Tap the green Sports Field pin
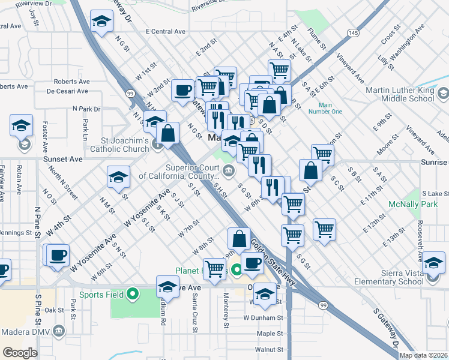134,294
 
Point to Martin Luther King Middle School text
400,94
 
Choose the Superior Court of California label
178,172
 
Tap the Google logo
20,353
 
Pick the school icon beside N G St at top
102,22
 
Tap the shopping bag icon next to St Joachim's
169,133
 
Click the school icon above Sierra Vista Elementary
433,262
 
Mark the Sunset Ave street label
62,160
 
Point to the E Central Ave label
166,32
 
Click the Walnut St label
268,349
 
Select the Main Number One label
325,107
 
